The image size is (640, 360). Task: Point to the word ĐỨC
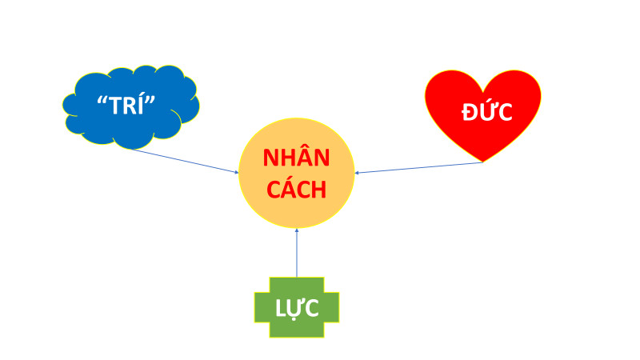tap(486, 113)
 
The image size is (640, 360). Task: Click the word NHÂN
tap(296, 158)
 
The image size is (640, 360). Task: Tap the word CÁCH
tap(296, 190)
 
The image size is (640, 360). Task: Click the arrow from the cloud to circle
tap(184, 160)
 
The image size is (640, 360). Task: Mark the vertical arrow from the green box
tap(296, 252)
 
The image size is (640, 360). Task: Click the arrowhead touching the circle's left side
tap(237, 171)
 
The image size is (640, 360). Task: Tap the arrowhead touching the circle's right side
tap(357, 172)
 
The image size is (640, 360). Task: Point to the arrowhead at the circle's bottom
tap(296, 230)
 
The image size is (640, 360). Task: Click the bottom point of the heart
tap(483, 161)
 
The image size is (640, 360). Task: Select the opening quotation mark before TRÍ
tap(102, 99)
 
